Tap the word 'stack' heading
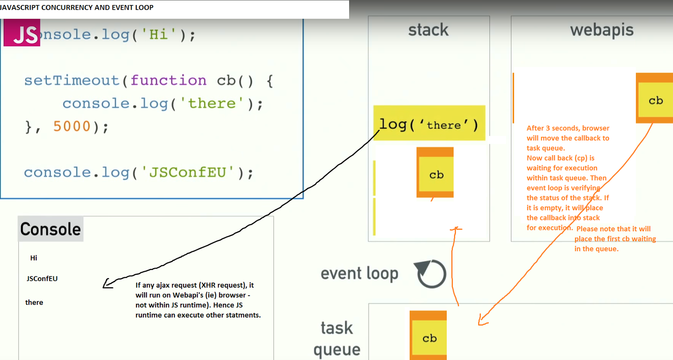point(428,30)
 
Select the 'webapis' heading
point(601,30)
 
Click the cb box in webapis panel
point(655,100)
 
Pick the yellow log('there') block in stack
point(429,123)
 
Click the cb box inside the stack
point(436,173)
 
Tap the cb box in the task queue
point(429,336)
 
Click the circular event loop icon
point(431,274)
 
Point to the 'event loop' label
point(359,274)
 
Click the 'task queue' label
point(337,339)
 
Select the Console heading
point(50,229)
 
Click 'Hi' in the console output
point(34,258)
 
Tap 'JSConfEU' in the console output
point(42,278)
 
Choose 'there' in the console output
point(34,302)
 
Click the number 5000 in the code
point(72,126)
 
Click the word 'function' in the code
point(168,80)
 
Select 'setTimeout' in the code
point(72,80)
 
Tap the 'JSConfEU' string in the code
point(188,172)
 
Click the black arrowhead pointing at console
point(108,284)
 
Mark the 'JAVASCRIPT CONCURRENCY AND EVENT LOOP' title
point(77,8)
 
